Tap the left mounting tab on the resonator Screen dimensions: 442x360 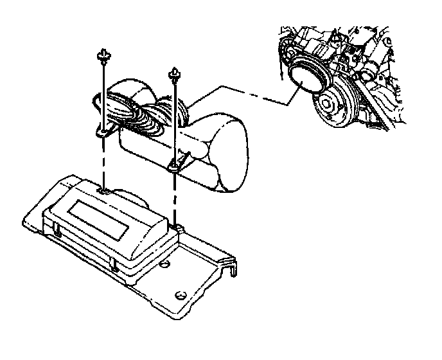[103, 133]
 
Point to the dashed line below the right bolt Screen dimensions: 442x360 [175, 199]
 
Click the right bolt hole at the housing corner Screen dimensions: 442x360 [175, 226]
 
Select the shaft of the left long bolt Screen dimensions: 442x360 [103, 93]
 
